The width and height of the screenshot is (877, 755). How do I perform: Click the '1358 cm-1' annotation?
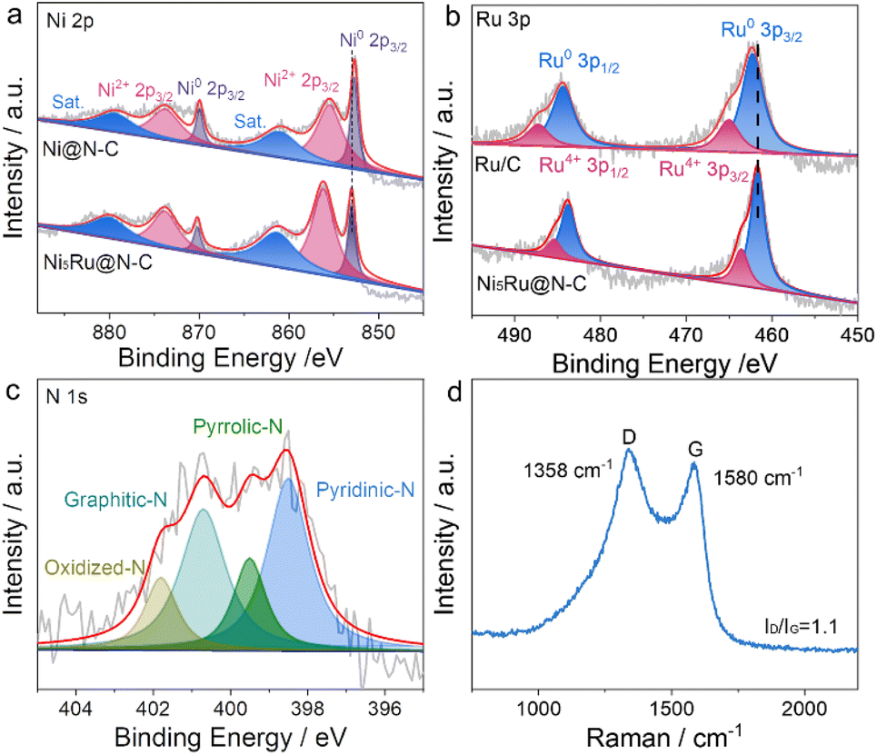(560, 474)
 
